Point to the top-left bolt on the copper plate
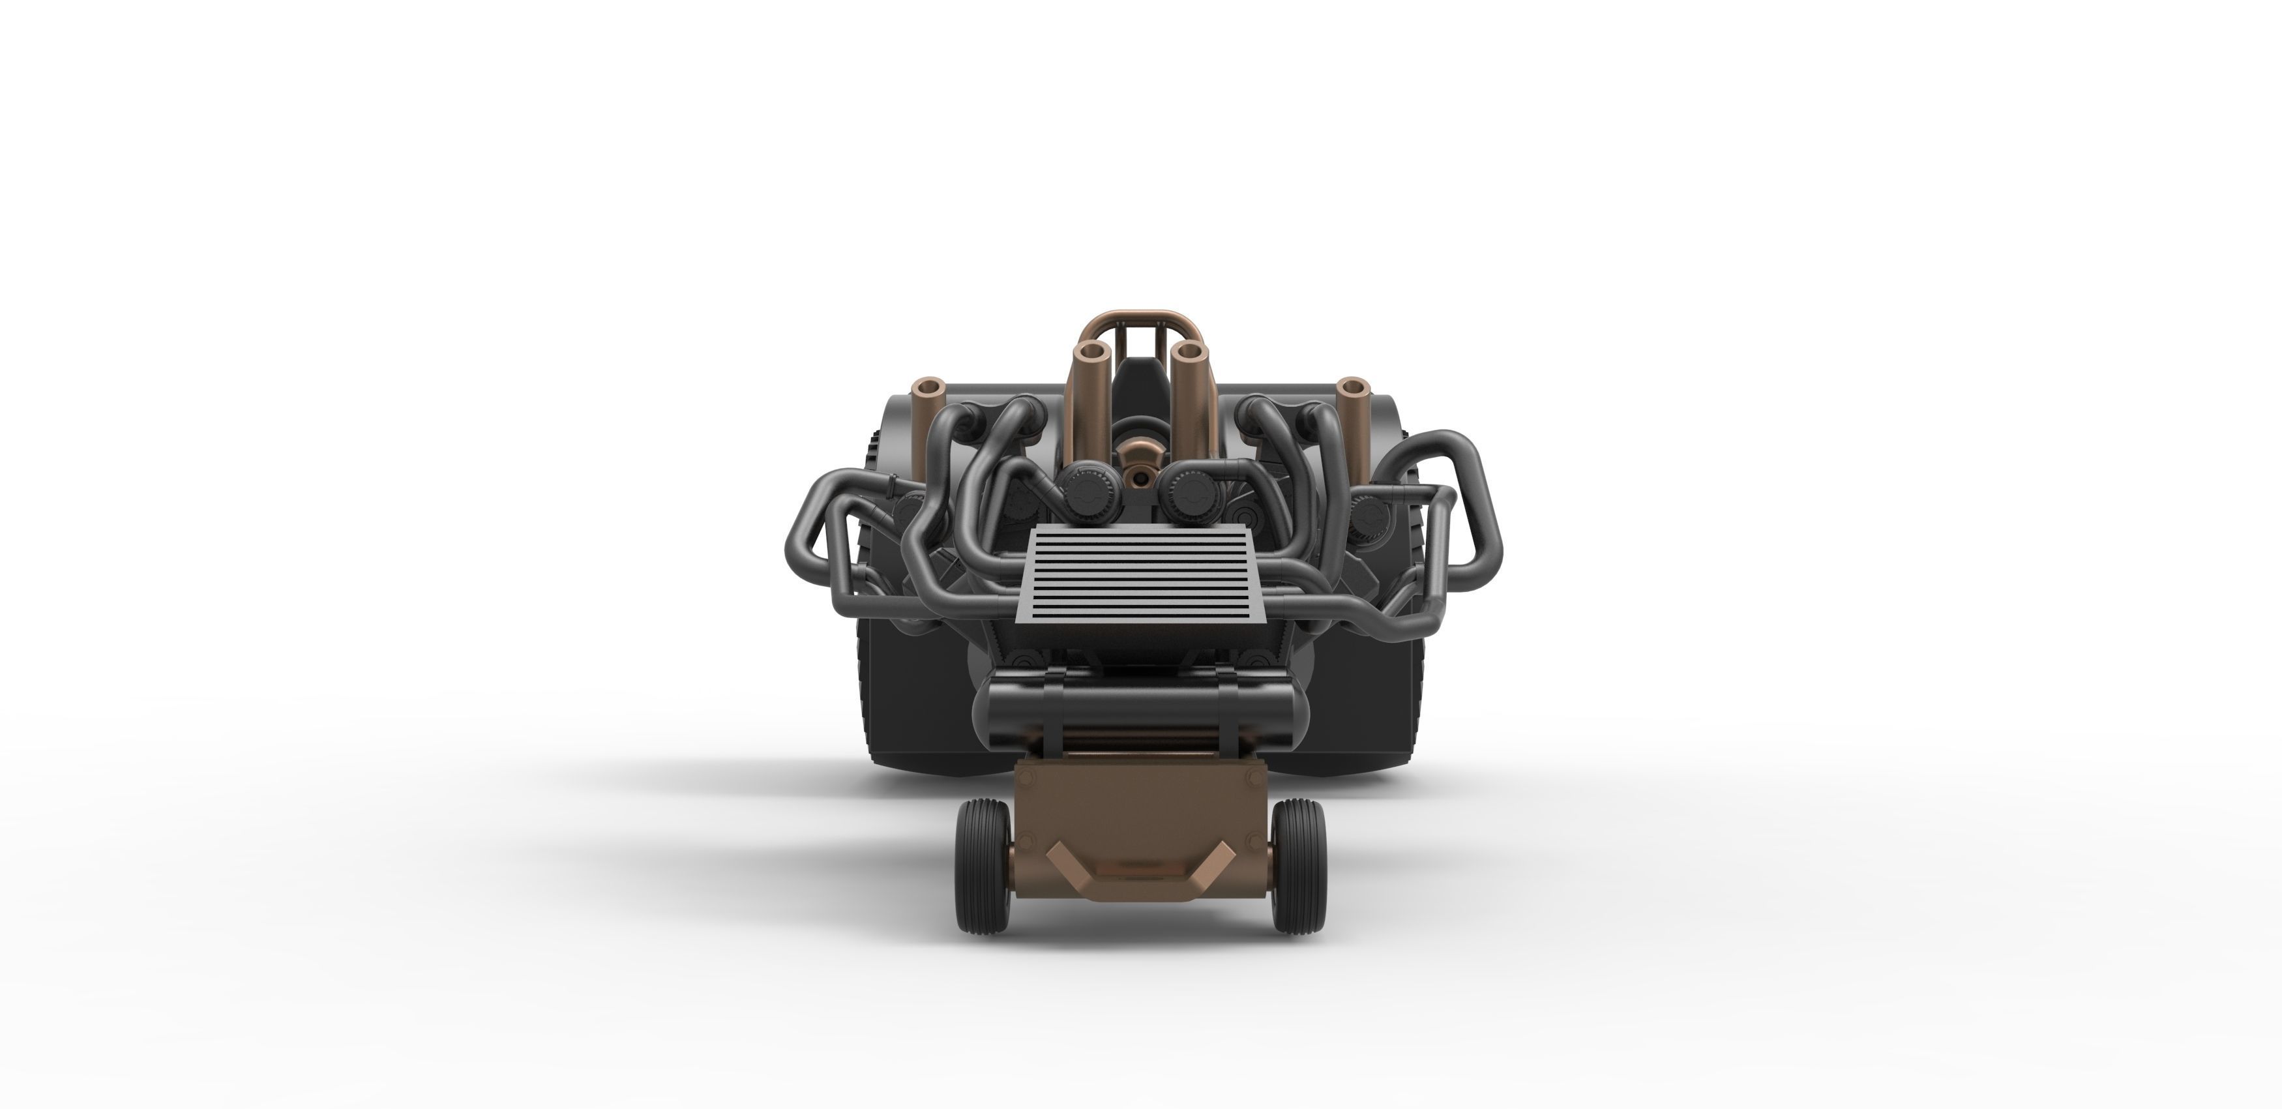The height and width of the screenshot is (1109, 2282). (1027, 777)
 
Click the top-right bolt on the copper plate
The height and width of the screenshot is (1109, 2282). (1254, 777)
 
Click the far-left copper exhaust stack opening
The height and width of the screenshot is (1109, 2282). (929, 388)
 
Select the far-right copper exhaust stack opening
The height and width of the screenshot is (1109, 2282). (1353, 388)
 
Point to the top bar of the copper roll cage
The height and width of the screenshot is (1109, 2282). (1140, 316)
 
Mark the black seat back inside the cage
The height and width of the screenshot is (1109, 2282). (1140, 390)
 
